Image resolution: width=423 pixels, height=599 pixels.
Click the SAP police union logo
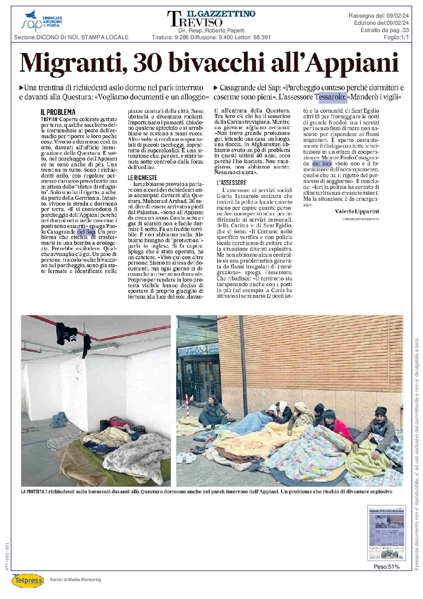41,21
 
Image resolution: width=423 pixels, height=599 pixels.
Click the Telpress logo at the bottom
28,580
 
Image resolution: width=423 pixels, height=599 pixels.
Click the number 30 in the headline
148,63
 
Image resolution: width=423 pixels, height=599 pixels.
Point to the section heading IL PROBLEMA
58,112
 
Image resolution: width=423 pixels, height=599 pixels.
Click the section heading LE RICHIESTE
142,178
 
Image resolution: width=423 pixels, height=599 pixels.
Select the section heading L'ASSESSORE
231,182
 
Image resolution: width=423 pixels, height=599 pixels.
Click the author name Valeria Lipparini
357,211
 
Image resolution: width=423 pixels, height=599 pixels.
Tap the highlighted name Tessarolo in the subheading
331,97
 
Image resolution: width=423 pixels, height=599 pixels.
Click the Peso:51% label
386,567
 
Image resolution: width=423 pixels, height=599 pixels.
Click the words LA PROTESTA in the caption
32,491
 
